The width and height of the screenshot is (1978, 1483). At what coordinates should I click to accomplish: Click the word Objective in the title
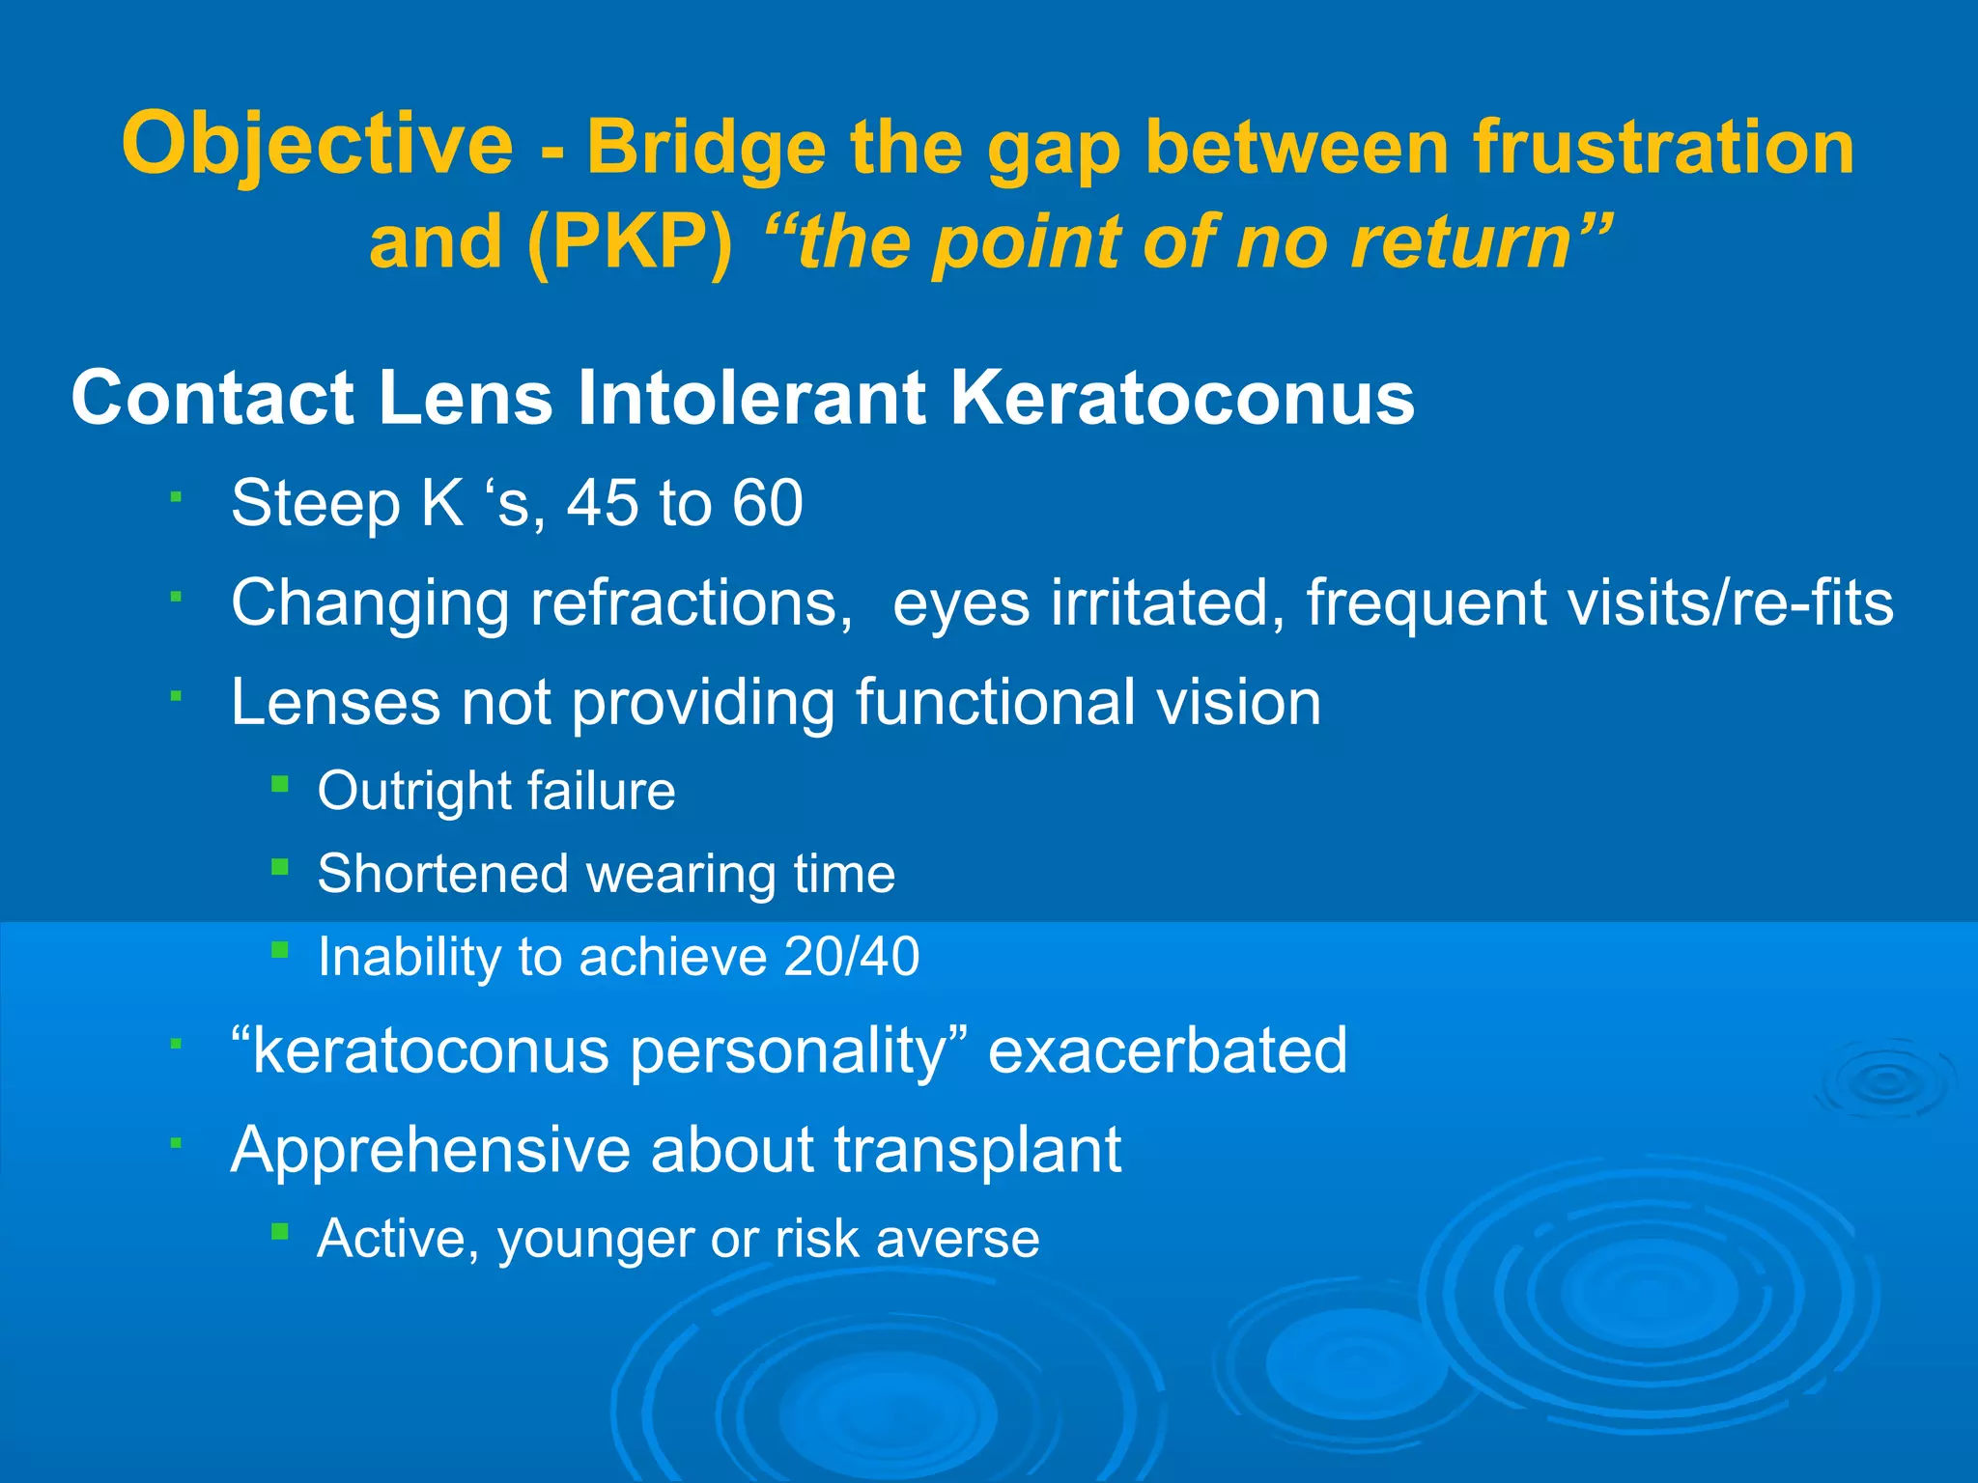(x=318, y=145)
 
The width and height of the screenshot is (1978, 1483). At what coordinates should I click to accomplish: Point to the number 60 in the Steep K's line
(x=767, y=503)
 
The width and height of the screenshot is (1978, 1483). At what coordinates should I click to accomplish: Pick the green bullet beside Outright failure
(x=280, y=784)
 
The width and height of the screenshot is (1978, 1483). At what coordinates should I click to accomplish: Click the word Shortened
(x=442, y=874)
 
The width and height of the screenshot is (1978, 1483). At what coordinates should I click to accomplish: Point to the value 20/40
(x=852, y=957)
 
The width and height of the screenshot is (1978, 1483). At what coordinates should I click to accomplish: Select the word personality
(x=786, y=1050)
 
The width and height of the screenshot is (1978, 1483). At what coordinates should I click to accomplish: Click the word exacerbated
(x=1168, y=1050)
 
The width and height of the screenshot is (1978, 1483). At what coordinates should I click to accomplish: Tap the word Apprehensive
(x=431, y=1150)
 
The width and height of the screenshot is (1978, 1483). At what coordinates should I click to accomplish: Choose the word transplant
(x=977, y=1150)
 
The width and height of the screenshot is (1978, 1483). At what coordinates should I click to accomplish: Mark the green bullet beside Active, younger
(x=280, y=1231)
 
